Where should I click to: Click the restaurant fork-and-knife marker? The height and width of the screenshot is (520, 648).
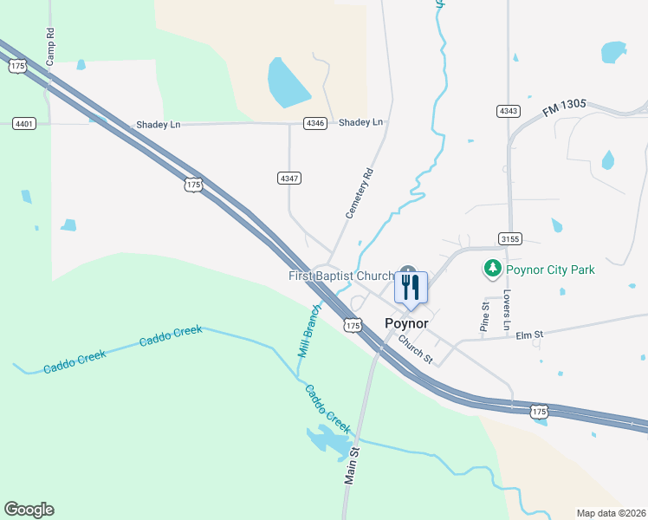tap(411, 287)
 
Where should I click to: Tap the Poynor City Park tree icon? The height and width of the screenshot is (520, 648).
tap(493, 269)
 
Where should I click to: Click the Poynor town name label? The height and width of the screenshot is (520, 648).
tap(406, 323)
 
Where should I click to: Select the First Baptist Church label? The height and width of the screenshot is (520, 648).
tap(341, 276)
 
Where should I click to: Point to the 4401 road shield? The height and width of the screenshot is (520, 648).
tap(24, 124)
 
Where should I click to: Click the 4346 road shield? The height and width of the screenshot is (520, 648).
tap(315, 123)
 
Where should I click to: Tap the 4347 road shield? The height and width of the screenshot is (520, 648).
tap(289, 178)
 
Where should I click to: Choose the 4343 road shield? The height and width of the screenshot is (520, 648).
tap(509, 111)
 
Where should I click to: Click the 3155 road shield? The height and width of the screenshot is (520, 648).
tap(509, 237)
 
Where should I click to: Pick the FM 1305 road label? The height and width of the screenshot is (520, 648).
tap(565, 109)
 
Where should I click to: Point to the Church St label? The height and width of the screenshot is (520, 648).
tap(416, 348)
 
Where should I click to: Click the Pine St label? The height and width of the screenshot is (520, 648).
tap(485, 317)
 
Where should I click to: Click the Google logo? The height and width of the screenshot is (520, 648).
tap(29, 510)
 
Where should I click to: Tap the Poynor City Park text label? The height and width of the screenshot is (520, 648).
tap(550, 270)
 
